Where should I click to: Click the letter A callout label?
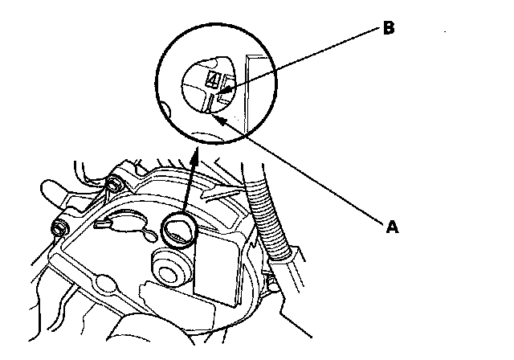(x=392, y=227)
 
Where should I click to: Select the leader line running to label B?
(x=305, y=57)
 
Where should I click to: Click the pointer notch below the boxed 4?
(x=210, y=100)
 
